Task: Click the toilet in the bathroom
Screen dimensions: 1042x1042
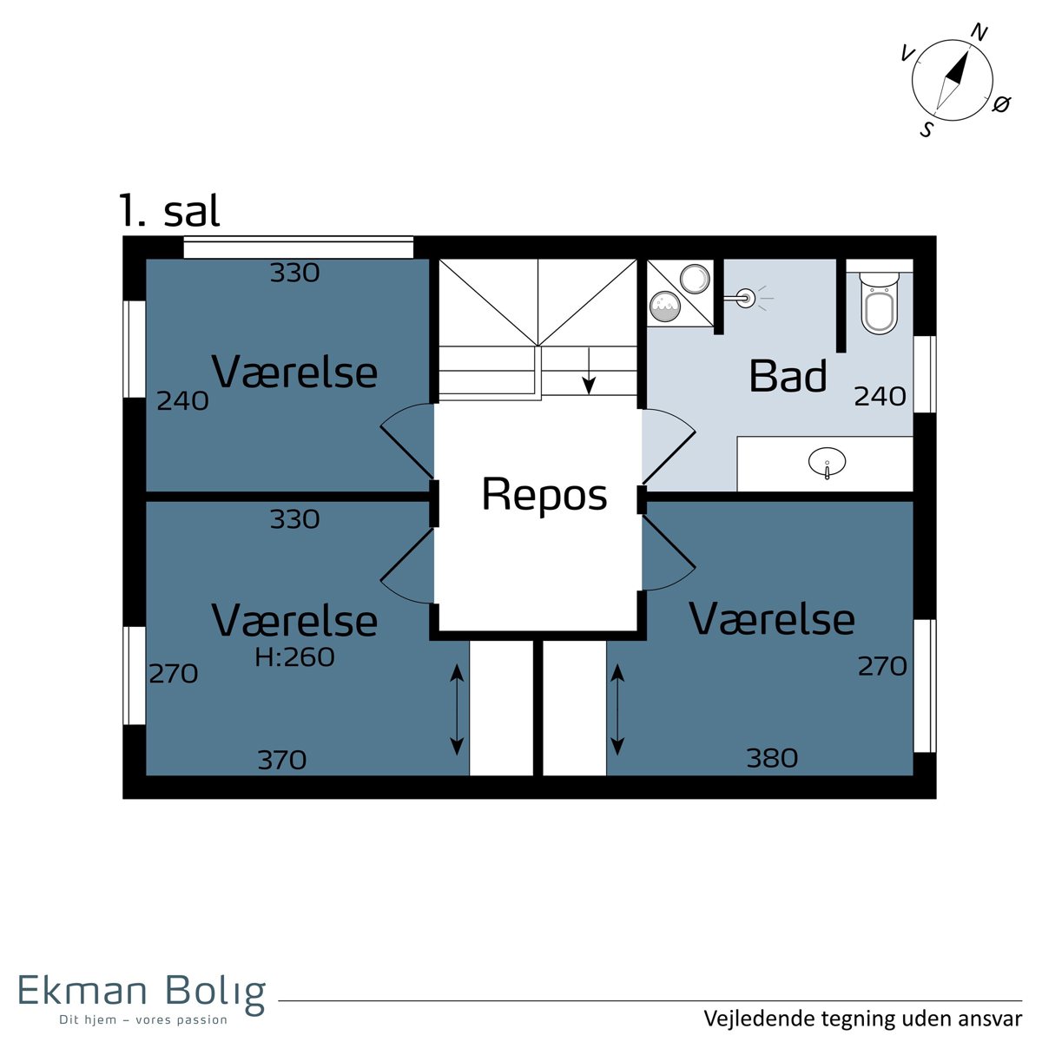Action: tap(880, 302)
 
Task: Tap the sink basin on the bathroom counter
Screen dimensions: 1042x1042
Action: tap(827, 462)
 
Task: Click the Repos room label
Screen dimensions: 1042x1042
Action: tap(544, 495)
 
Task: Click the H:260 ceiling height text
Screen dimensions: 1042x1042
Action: tap(294, 657)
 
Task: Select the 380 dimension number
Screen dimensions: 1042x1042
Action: tap(772, 758)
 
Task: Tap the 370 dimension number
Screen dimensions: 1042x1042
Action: tap(281, 761)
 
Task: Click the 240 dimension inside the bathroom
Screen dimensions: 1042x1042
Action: tap(880, 396)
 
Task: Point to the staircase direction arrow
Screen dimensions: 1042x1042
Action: tap(589, 371)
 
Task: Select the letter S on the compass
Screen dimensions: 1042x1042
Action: tap(927, 129)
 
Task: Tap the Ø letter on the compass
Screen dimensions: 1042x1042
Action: tap(1001, 104)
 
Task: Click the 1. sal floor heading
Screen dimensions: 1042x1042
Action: tap(169, 210)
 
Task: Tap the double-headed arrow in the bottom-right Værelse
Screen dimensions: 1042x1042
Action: tap(617, 709)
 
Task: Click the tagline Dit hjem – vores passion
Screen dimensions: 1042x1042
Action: tap(143, 1019)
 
